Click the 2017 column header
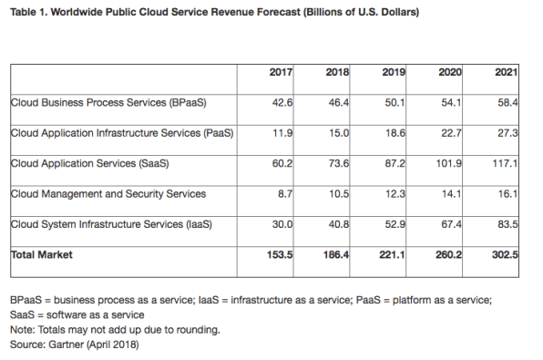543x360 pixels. pyautogui.click(x=280, y=71)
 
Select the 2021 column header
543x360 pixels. pyautogui.click(x=518, y=71)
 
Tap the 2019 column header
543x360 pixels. pyautogui.click(x=399, y=71)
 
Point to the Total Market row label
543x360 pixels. pyautogui.click(x=42, y=255)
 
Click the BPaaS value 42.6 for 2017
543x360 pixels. pyautogui.click(x=281, y=102)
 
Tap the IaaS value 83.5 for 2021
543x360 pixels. pyautogui.click(x=518, y=224)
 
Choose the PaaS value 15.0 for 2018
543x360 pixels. pyautogui.click(x=340, y=133)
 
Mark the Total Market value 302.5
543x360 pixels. pyautogui.click(x=516, y=255)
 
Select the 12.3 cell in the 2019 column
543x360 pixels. pyautogui.click(x=400, y=194)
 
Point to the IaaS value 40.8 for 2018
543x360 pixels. pyautogui.click(x=340, y=224)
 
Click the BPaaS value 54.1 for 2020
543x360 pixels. pyautogui.click(x=459, y=102)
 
